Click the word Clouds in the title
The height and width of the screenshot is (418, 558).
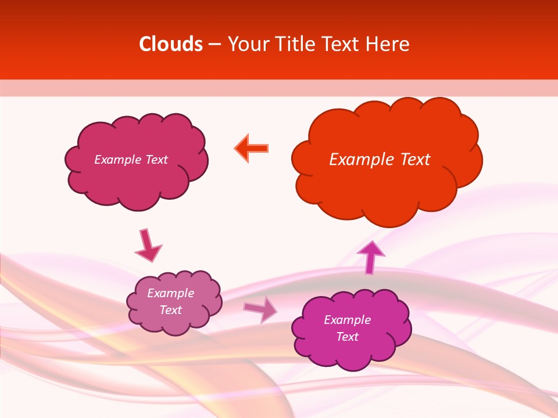170,44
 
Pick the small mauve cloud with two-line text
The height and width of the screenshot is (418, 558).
174,322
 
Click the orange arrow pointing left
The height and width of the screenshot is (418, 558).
252,149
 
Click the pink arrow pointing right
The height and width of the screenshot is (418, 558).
260,309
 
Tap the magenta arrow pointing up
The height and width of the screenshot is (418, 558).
371,257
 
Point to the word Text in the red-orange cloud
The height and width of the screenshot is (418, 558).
415,160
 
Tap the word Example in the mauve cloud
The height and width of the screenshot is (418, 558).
170,293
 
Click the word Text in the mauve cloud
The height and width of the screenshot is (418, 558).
170,310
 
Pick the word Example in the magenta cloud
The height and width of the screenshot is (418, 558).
347,320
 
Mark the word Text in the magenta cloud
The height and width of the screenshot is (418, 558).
347,337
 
